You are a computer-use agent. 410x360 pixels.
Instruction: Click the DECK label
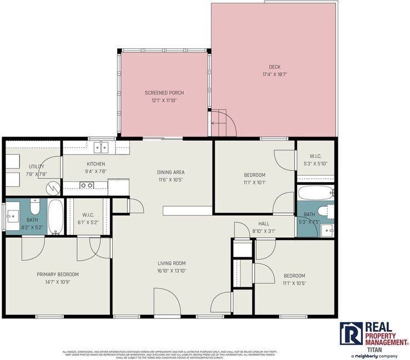click(x=274, y=67)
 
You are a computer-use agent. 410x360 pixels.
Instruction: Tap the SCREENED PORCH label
click(x=164, y=93)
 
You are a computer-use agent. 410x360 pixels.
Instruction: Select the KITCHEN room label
click(x=96, y=164)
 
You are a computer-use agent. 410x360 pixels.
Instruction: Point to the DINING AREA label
click(x=171, y=172)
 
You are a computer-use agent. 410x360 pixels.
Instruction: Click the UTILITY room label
click(x=37, y=167)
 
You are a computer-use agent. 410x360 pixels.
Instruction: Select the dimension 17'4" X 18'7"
click(x=274, y=74)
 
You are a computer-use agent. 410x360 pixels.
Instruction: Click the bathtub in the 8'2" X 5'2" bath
click(x=56, y=217)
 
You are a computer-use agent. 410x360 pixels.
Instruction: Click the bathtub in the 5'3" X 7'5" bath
click(x=315, y=194)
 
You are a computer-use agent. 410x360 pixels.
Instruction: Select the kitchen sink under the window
click(x=101, y=147)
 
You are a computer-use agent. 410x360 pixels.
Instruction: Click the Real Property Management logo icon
click(x=351, y=333)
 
